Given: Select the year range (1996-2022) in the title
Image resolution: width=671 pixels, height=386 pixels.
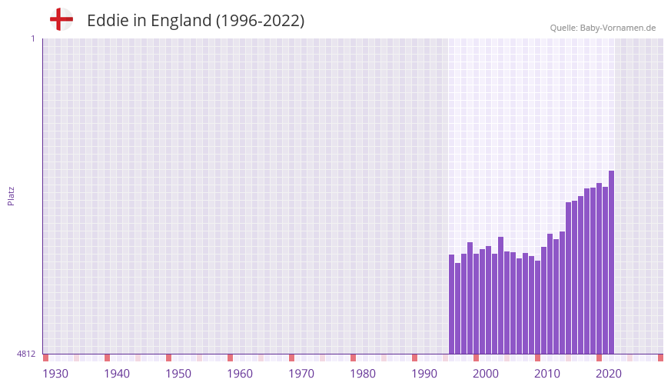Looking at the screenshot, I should point(260,21).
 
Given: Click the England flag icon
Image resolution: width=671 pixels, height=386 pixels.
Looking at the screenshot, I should point(61,19).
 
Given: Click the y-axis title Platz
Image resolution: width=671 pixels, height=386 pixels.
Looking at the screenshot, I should point(11,195).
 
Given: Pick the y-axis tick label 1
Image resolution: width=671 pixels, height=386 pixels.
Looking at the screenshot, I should point(32,38).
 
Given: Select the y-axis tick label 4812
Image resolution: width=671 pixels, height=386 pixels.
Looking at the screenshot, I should point(26,354).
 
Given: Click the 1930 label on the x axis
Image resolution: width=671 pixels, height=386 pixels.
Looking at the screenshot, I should point(55,374).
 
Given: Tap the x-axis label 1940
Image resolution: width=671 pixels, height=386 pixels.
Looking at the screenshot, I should point(117,374).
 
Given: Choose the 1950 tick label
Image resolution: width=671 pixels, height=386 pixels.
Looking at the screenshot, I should point(178,374).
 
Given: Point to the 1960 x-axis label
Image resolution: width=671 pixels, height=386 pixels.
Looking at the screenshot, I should point(240,374).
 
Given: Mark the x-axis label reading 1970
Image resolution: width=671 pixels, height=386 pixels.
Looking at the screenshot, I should point(301,374).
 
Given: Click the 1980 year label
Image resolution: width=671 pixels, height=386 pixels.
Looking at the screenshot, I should point(363,374).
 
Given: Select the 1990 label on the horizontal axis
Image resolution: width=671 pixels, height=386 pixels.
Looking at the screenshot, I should point(424,374).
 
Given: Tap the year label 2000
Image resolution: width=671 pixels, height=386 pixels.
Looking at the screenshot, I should point(486,374).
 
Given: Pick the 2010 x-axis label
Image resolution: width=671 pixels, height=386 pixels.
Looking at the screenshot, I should point(547,374).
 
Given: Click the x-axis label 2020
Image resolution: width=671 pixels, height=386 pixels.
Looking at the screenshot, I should point(609,374).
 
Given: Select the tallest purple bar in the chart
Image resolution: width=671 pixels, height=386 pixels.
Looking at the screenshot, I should point(611,261).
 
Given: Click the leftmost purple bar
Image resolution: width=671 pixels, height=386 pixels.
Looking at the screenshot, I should point(451,304).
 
